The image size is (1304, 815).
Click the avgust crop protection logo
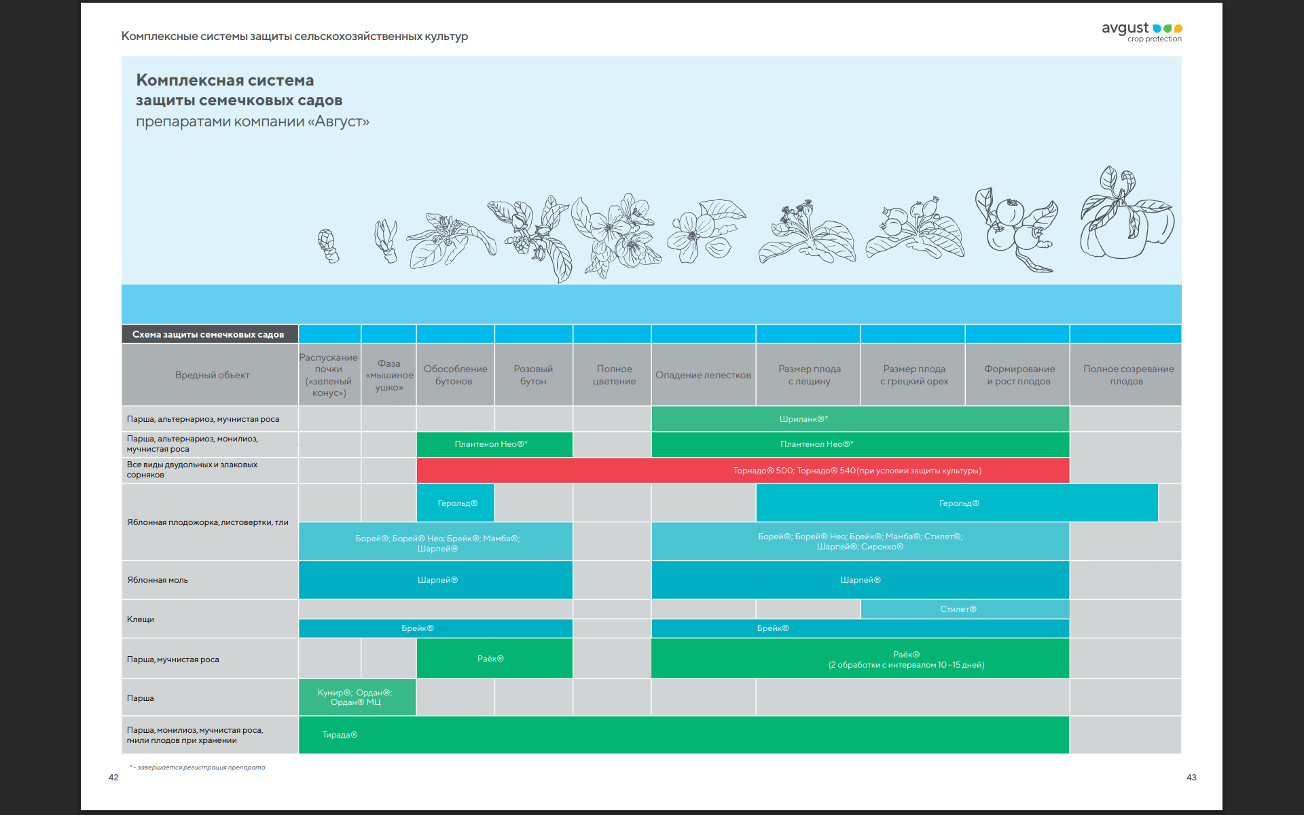coord(1142,31)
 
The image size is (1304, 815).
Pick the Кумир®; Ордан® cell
coord(356,698)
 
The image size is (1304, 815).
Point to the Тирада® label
coord(340,735)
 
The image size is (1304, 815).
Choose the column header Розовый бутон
coord(533,375)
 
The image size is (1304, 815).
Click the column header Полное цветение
coord(614,375)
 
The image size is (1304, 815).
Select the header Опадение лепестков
coord(703,375)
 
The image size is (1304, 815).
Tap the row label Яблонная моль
coord(158,580)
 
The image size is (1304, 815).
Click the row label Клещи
coord(141,619)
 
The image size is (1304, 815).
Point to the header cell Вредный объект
coord(212,375)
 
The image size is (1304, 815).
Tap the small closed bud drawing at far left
coord(328,245)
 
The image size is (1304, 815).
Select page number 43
coord(1191,778)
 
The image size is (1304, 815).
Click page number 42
coord(113,778)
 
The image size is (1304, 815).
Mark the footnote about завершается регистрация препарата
coord(198,767)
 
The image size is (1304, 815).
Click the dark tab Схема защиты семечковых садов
coord(209,334)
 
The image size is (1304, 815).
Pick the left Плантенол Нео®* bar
coord(491,444)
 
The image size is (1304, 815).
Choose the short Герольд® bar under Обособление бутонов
coord(457,503)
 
